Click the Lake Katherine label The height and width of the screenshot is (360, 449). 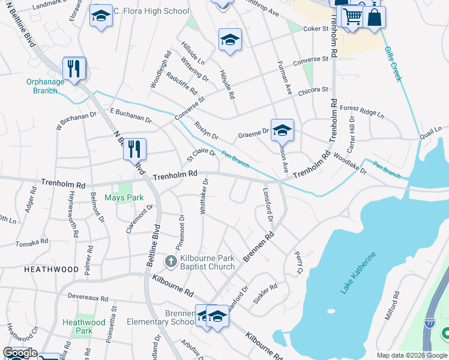(359, 273)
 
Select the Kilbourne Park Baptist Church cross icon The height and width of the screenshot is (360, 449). (171, 261)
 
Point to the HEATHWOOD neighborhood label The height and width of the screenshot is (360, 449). (51, 270)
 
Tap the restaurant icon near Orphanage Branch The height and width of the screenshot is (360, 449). (74, 68)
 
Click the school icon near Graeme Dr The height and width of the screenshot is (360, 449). (282, 130)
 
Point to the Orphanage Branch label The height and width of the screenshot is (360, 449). (42, 86)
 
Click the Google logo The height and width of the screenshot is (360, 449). (20, 353)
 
